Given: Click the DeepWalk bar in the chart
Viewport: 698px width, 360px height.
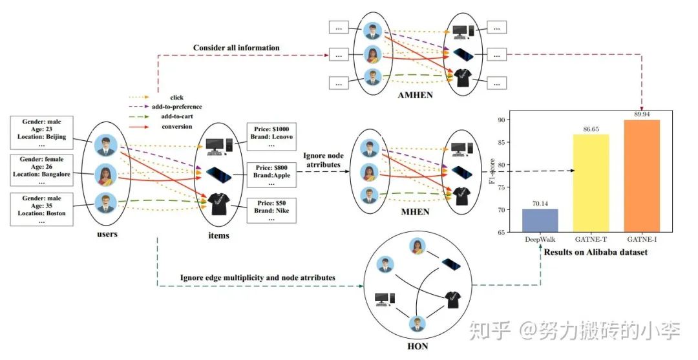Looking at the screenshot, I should click(540, 220).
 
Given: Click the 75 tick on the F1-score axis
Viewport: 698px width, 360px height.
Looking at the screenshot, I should click(501, 187).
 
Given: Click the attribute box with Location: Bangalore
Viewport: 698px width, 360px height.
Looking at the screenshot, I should click(41, 172).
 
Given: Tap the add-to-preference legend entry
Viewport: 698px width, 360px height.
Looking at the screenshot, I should click(176, 107).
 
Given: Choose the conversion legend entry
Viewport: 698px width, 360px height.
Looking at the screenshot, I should click(176, 127).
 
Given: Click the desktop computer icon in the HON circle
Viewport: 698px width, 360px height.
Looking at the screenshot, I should click(385, 299).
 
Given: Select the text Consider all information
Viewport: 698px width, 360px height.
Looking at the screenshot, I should click(236, 48).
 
